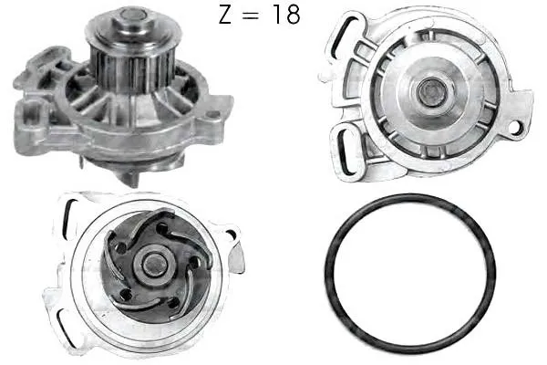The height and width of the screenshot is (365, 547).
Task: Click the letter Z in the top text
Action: (225, 15)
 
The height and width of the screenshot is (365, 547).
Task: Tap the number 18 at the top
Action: (286, 15)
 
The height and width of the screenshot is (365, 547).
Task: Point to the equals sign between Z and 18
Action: (252, 16)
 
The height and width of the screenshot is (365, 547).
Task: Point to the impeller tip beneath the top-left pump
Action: (129, 178)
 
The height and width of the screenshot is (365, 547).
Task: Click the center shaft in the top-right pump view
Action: (431, 91)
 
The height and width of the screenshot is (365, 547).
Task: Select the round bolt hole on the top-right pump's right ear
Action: (515, 127)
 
